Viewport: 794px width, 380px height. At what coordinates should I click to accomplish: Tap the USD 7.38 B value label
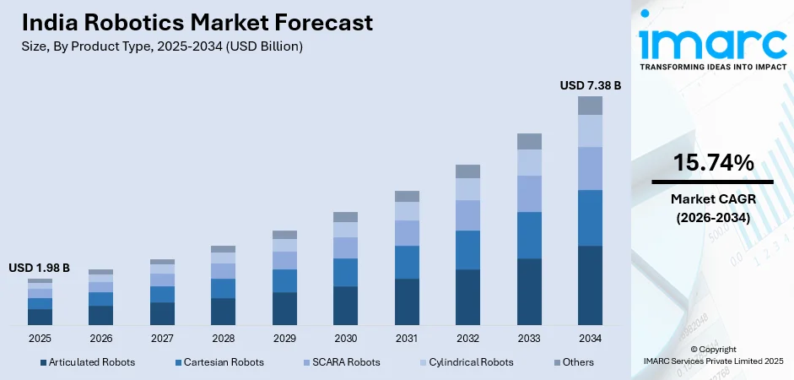[x=591, y=85]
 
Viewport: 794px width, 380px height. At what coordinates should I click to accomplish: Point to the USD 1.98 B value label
[x=39, y=268]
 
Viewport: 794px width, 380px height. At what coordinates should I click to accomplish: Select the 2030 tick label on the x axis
[x=345, y=339]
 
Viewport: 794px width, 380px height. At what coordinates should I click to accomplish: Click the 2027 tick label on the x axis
[x=162, y=339]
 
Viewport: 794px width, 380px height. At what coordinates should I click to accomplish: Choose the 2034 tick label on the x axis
[x=590, y=339]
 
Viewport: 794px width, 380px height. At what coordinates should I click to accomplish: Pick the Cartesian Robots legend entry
[x=219, y=362]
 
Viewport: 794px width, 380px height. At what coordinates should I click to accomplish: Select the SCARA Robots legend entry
[x=340, y=362]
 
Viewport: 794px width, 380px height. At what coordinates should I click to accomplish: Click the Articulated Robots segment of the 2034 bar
[x=590, y=285]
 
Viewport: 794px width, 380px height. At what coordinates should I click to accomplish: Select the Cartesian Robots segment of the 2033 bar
[x=529, y=235]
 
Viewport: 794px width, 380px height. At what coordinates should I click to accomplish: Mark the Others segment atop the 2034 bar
[x=590, y=106]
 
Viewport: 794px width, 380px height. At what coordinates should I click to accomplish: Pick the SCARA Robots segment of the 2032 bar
[x=467, y=215]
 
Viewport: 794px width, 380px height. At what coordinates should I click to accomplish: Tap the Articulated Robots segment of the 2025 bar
[x=40, y=317]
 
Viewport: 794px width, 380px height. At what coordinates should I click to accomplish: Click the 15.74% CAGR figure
[x=713, y=164]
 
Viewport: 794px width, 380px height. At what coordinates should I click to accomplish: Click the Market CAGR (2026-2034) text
[x=713, y=208]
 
